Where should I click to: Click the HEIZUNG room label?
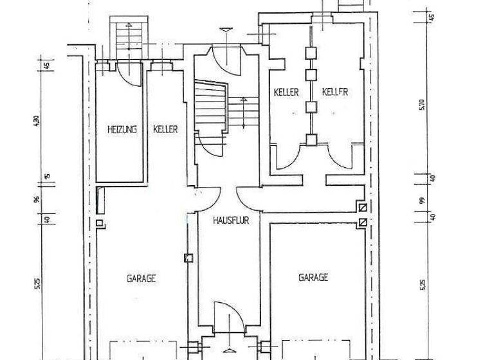[x=122, y=129]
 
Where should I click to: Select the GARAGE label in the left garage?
[x=142, y=279]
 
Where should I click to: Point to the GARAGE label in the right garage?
[x=313, y=278]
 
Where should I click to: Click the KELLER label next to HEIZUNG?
[x=165, y=129]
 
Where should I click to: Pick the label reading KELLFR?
[x=335, y=92]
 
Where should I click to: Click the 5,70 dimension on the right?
[x=422, y=104]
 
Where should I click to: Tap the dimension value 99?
[x=423, y=201]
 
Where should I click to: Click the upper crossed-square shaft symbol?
[x=363, y=208]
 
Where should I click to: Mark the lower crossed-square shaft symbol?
[x=363, y=222]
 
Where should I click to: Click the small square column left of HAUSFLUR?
[x=188, y=258]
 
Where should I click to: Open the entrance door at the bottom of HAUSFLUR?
[x=230, y=318]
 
